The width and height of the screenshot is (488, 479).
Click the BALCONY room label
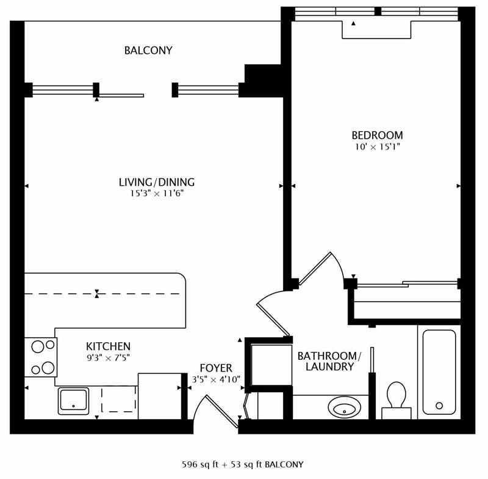click(x=148, y=51)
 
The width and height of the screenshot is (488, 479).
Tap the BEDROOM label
click(x=377, y=135)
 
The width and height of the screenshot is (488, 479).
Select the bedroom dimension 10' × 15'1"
click(x=377, y=147)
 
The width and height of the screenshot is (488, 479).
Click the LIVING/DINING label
click(x=157, y=182)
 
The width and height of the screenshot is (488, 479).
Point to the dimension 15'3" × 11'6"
click(x=157, y=194)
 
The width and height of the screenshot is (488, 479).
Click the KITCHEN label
click(x=109, y=346)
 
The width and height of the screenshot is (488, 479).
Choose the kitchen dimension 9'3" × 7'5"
click(x=109, y=358)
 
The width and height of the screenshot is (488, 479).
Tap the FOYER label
click(x=216, y=368)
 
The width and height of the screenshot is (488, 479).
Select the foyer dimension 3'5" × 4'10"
click(x=216, y=379)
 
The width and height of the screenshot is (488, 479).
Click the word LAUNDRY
click(x=330, y=367)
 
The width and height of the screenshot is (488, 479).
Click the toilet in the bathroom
click(x=396, y=400)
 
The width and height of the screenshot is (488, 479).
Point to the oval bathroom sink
click(x=345, y=407)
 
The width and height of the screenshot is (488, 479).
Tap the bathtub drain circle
click(x=439, y=406)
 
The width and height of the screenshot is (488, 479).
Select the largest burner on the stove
click(x=48, y=368)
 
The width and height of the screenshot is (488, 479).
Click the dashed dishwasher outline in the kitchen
click(x=118, y=399)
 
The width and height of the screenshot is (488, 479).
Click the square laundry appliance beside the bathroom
click(x=271, y=365)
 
